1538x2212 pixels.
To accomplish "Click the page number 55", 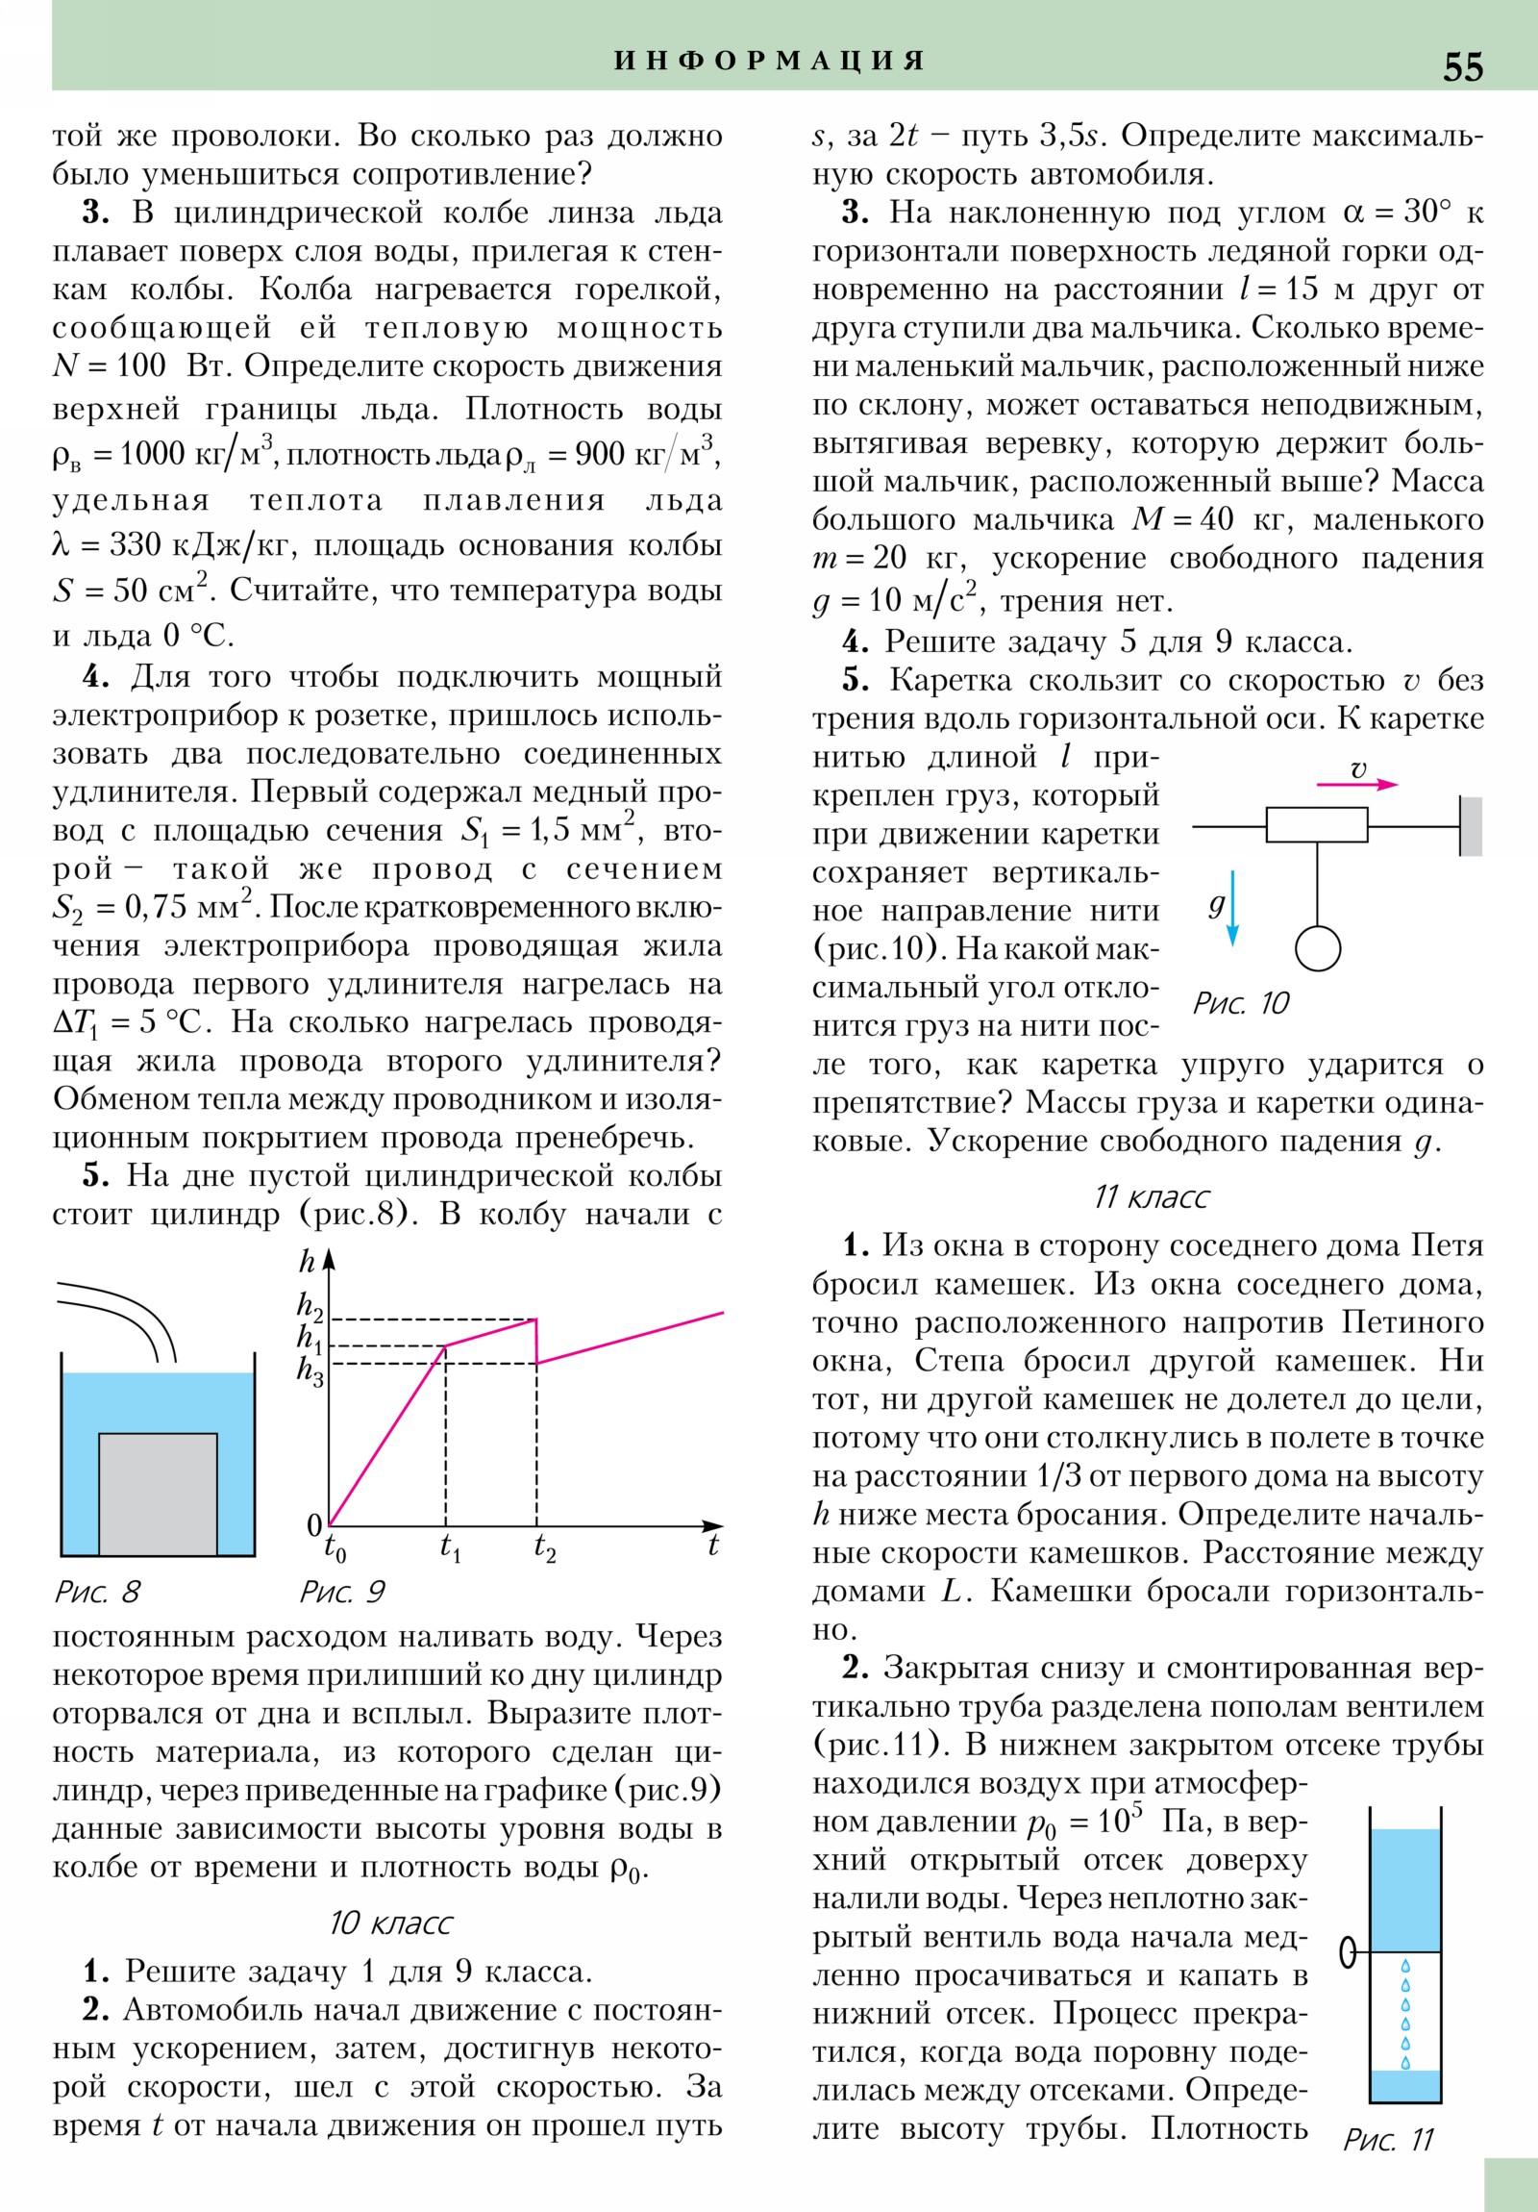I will tap(1462, 66).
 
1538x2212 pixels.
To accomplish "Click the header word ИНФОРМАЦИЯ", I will tap(770, 61).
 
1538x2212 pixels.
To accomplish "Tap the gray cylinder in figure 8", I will tap(158, 1493).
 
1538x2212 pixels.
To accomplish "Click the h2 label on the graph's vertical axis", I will tap(310, 1305).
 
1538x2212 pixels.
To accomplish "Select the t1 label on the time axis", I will tap(450, 1547).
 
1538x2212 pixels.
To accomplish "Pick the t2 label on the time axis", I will tap(544, 1547).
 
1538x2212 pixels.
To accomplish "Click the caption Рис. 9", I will tap(342, 1592).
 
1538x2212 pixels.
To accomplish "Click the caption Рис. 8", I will tap(97, 1592).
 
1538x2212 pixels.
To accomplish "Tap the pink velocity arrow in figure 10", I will tap(1357, 784).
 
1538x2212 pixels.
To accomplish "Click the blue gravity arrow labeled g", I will tap(1232, 909).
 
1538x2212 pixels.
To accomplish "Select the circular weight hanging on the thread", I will tap(1318, 948).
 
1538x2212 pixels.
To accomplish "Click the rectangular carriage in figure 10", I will tap(1317, 824).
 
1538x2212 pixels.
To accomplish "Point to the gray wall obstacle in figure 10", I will tap(1471, 825).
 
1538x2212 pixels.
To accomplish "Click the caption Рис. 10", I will tap(1240, 1003).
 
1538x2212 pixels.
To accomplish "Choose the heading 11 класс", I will tap(1151, 1196).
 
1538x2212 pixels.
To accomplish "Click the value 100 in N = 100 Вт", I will tap(140, 366).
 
